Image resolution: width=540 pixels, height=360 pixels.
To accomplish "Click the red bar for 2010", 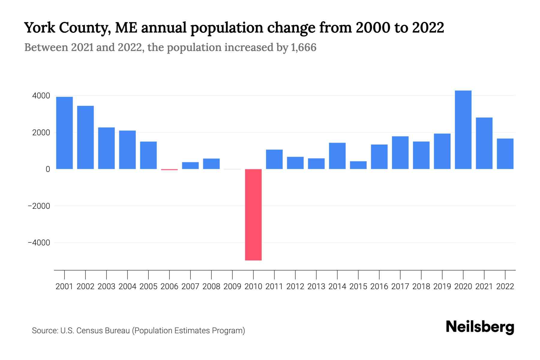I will pyautogui.click(x=253, y=214).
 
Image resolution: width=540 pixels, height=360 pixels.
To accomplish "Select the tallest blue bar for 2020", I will pyautogui.click(x=463, y=130).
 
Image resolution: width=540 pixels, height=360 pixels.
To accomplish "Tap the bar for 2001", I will pyautogui.click(x=64, y=133).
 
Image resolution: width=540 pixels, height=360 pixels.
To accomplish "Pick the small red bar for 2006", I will pyautogui.click(x=169, y=169).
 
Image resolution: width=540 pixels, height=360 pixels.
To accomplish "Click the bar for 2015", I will pyautogui.click(x=358, y=165).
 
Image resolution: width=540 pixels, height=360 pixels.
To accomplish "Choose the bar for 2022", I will pyautogui.click(x=505, y=154).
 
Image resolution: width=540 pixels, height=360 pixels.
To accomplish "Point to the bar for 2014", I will pyautogui.click(x=337, y=156).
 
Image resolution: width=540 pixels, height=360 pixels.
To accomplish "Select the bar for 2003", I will pyautogui.click(x=106, y=148).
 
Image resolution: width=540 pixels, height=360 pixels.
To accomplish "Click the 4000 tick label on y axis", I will pyautogui.click(x=41, y=96).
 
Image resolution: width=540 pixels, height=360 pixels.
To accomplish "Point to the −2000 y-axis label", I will pyautogui.click(x=39, y=206).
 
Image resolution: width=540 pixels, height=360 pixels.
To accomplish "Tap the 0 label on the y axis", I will pyautogui.click(x=48, y=169).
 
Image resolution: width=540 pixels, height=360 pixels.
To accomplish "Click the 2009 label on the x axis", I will pyautogui.click(x=232, y=286).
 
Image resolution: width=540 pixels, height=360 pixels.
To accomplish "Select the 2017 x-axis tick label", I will pyautogui.click(x=400, y=286).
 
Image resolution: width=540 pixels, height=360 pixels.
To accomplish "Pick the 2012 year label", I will pyautogui.click(x=295, y=286).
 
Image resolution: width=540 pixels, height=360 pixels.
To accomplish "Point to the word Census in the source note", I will pyautogui.click(x=88, y=331).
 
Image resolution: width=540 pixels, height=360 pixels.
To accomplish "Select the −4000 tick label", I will pyautogui.click(x=39, y=243).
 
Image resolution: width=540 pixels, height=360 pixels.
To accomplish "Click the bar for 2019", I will pyautogui.click(x=442, y=151).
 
